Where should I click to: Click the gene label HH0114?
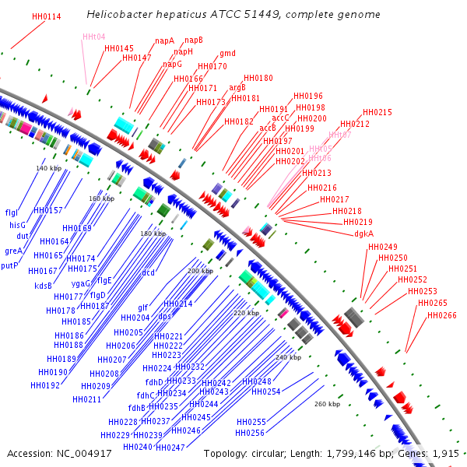click(x=47, y=16)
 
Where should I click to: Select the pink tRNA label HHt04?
click(x=93, y=37)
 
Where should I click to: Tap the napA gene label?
click(x=164, y=40)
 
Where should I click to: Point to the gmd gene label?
click(x=227, y=54)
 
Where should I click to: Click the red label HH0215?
click(x=377, y=113)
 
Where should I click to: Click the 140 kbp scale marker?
click(x=48, y=168)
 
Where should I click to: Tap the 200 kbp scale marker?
click(x=200, y=271)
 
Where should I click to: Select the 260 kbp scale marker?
click(x=327, y=404)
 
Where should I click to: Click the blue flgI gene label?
click(x=12, y=212)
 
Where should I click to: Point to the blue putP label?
click(x=9, y=265)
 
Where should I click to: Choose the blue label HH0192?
click(x=45, y=385)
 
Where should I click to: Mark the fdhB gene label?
click(x=137, y=408)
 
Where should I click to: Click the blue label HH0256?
click(x=251, y=434)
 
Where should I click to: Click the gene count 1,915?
click(x=445, y=453)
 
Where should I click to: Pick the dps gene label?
click(x=164, y=317)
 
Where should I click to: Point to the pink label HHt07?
click(x=340, y=135)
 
